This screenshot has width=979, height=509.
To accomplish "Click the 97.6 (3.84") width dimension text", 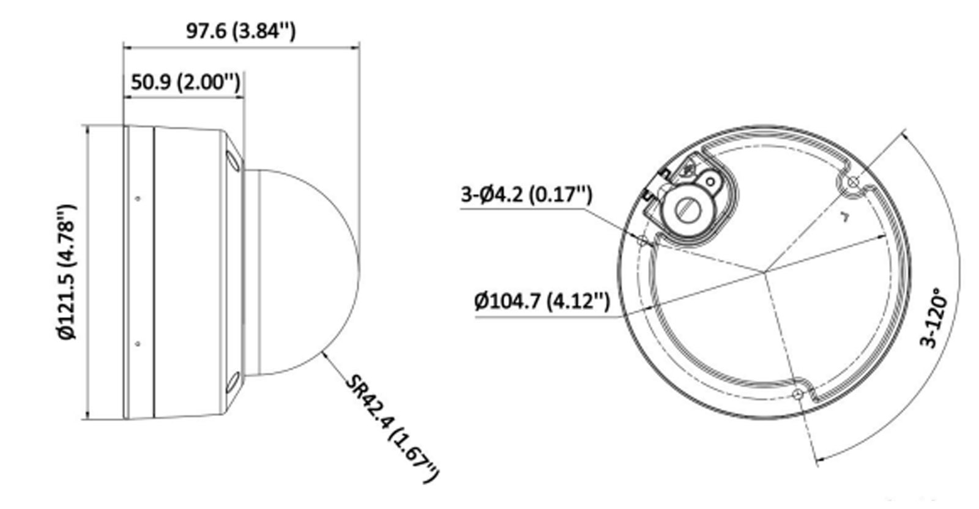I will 240,31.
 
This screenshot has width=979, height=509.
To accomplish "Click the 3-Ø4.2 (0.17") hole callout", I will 526,195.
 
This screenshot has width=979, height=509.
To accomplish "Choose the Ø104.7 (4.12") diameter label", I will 542,300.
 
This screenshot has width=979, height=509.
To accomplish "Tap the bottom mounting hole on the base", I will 797,393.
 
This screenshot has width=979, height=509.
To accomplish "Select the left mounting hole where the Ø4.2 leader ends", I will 642,240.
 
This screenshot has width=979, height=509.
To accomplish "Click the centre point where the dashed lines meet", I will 764,270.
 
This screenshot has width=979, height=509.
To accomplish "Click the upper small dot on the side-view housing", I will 138,198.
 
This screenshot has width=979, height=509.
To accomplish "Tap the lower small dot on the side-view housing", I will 138,344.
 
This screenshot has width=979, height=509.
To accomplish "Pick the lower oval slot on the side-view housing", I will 234,384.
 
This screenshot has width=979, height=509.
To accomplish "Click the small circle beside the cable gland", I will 710,181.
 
